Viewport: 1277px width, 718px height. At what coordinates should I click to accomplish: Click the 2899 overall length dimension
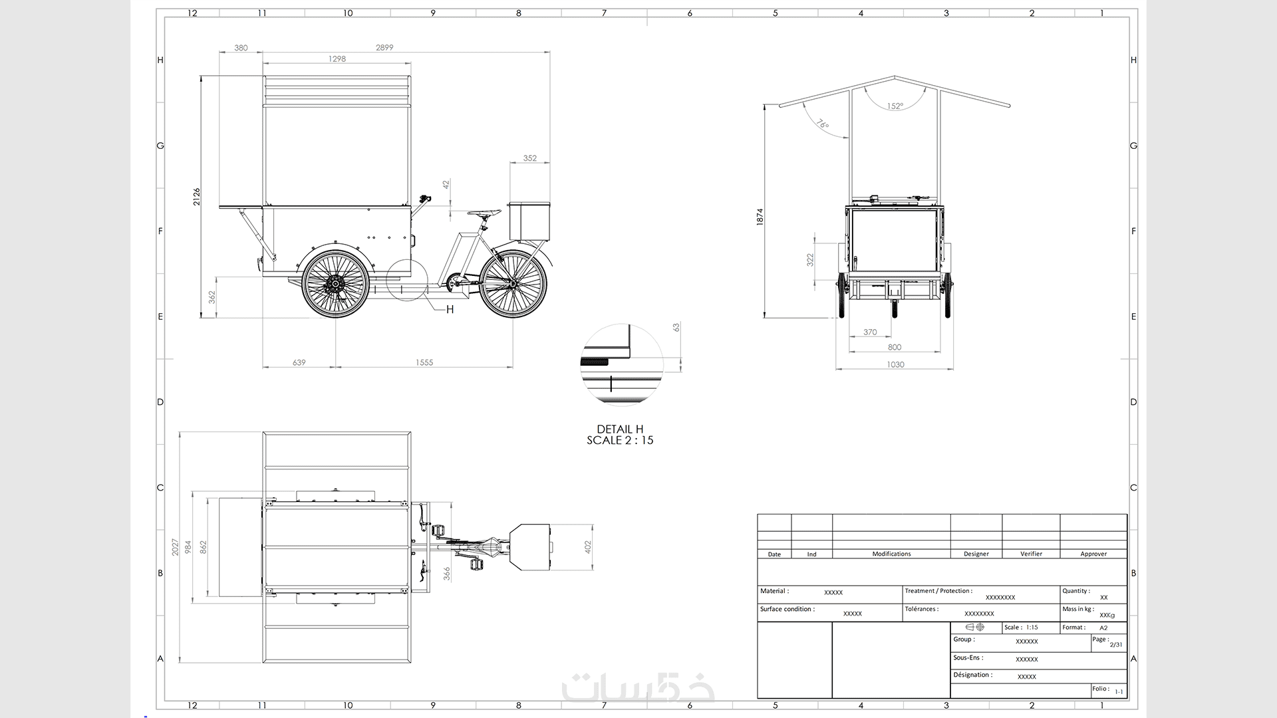tap(384, 47)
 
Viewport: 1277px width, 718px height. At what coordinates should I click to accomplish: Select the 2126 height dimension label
tap(197, 197)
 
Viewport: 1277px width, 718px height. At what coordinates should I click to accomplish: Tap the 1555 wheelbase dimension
tap(424, 362)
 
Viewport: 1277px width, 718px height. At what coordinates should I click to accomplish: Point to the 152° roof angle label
tap(895, 106)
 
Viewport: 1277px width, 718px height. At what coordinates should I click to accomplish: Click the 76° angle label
tap(823, 124)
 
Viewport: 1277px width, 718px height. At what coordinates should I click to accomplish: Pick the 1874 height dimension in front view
tap(760, 217)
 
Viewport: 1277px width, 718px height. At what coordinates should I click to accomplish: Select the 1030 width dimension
tap(895, 364)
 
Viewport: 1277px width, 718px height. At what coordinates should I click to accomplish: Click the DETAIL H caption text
tap(620, 429)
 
